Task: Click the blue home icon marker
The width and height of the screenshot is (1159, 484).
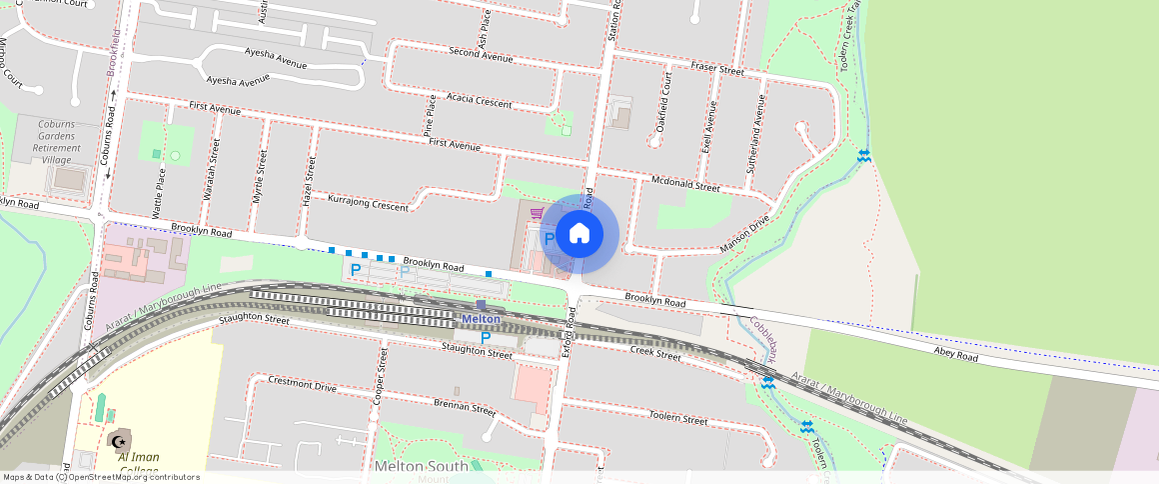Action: [579, 234]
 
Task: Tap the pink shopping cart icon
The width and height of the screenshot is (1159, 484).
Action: [537, 213]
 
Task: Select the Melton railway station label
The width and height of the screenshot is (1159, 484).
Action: [481, 319]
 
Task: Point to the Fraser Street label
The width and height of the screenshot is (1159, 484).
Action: [717, 69]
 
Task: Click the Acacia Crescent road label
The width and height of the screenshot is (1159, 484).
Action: [480, 101]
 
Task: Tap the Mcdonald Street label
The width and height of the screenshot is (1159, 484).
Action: [684, 185]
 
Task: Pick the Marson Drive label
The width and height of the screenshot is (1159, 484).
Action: [745, 233]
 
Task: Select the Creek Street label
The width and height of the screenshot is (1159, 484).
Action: [655, 355]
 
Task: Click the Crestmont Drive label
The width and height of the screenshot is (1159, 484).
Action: [303, 384]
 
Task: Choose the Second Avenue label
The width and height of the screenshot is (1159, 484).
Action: [481, 55]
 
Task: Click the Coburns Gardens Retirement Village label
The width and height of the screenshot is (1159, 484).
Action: [57, 141]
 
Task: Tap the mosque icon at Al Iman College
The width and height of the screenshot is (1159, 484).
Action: [118, 440]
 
